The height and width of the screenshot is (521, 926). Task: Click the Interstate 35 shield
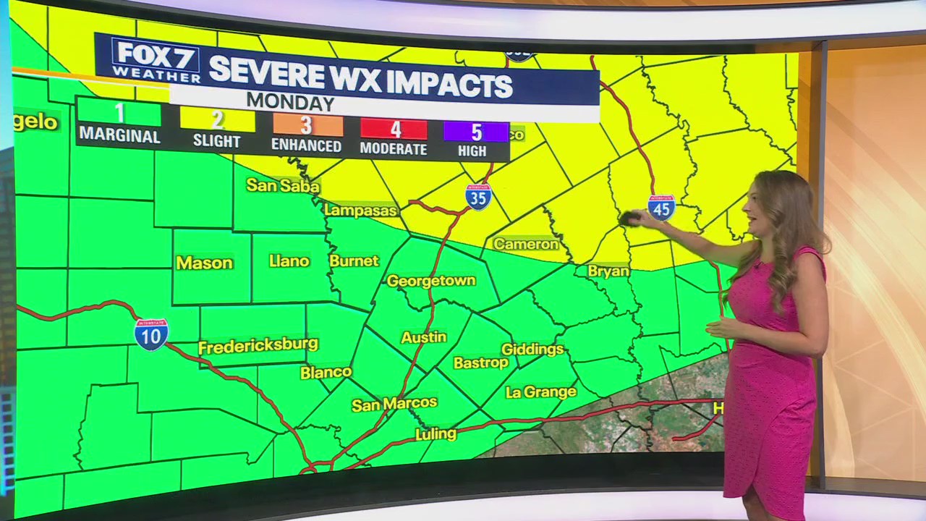[x=478, y=196]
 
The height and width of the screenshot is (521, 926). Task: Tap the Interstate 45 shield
[x=661, y=207]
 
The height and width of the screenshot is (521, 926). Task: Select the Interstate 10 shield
[x=151, y=334]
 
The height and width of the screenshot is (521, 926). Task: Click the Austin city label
[x=424, y=337]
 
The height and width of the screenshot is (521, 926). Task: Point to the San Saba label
[x=283, y=185]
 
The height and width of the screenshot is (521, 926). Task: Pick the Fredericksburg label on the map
[x=258, y=346]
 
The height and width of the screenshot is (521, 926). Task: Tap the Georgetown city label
[x=431, y=281]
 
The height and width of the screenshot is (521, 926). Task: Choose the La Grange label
[x=540, y=392]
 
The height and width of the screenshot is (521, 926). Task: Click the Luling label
[x=436, y=434]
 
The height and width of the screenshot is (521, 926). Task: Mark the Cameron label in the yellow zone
[x=526, y=244]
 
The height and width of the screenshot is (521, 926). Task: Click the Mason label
[x=205, y=263]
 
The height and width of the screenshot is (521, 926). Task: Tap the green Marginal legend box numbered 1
[x=119, y=113]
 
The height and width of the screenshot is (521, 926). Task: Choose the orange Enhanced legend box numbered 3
[x=307, y=124]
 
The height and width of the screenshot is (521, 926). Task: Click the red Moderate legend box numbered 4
[x=394, y=130]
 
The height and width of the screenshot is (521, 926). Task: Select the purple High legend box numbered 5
[x=476, y=132]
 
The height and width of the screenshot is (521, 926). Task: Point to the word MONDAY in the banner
[x=289, y=102]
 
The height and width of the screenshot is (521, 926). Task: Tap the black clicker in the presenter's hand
[x=628, y=218]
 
